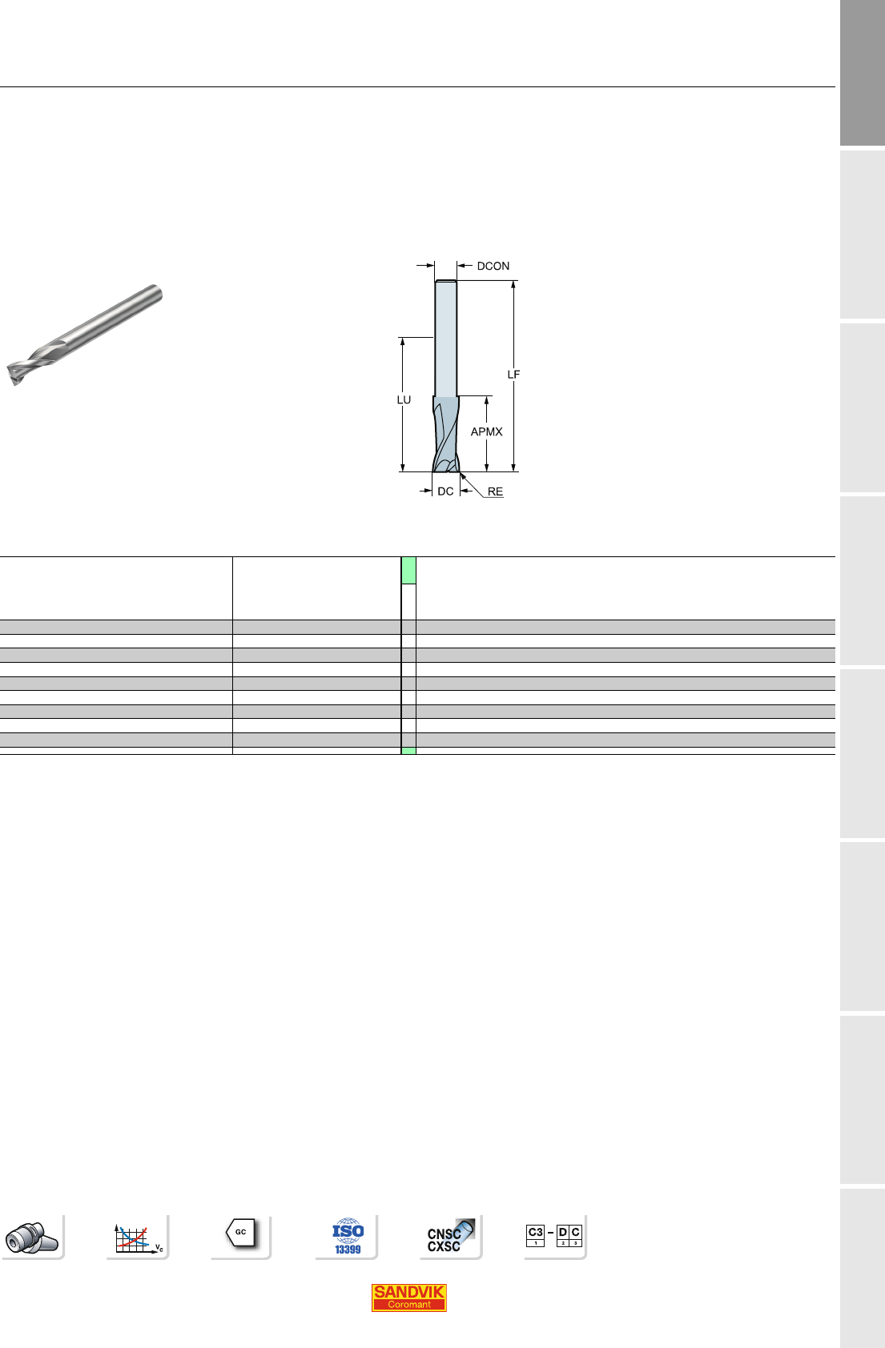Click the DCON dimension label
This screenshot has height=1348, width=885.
click(493, 266)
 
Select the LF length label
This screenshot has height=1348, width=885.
click(513, 375)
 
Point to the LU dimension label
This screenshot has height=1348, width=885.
click(404, 399)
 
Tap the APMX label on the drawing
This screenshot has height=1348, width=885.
click(486, 431)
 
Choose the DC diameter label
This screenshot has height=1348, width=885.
click(445, 491)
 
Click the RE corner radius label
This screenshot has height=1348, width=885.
click(495, 491)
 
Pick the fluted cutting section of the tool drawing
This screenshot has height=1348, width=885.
click(446, 434)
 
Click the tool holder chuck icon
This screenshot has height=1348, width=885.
click(32, 1238)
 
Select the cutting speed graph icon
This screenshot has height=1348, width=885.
click(138, 1238)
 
